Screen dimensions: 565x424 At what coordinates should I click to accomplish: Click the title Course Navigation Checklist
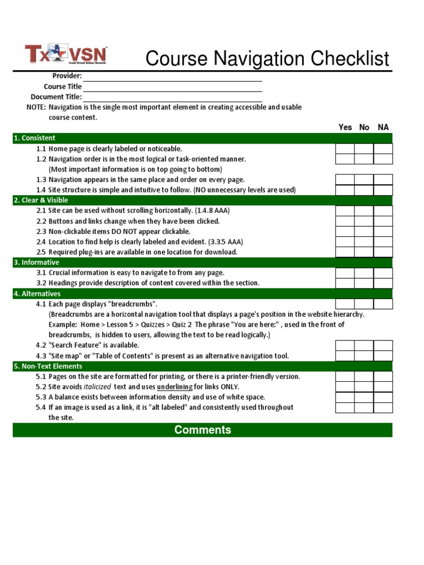coord(267,58)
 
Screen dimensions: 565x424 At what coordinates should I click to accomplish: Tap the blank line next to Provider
coord(172,76)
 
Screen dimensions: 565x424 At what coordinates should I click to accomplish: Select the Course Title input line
coord(172,87)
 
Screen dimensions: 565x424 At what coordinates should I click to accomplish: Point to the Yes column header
coord(345,127)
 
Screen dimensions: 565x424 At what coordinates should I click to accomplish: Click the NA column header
coord(383,127)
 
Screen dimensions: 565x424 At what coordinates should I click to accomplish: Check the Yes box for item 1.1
coord(345,149)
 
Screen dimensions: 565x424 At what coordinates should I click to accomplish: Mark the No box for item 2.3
coord(364,232)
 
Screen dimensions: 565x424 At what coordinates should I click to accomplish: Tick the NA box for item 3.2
coord(383,283)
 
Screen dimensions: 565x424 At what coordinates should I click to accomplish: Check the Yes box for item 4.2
coord(345,345)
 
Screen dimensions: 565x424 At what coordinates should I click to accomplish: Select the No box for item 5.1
coord(364,377)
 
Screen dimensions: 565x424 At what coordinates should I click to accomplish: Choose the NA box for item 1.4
coord(383,190)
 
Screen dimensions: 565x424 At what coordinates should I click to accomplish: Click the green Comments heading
coord(203,430)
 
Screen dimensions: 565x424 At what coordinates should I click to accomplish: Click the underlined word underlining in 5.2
coord(174,387)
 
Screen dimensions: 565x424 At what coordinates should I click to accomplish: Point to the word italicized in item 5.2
coord(97,387)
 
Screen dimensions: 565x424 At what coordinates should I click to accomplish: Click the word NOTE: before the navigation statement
coord(36,108)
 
